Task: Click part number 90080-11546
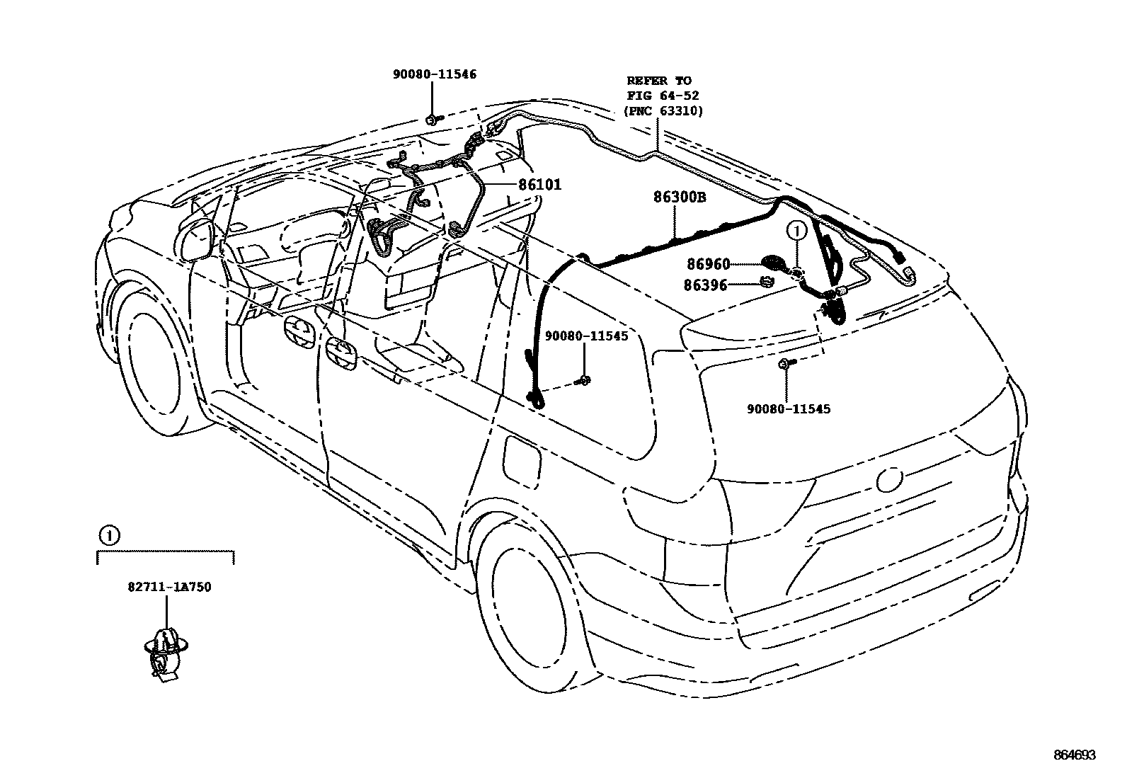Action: point(435,74)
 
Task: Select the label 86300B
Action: point(679,198)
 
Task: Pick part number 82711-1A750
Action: point(169,587)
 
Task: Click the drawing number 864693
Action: point(1073,755)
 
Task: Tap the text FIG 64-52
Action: point(658,96)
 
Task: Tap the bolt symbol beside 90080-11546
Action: point(433,118)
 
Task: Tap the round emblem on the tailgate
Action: point(888,481)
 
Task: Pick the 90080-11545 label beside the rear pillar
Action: point(586,336)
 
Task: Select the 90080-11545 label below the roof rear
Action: point(788,409)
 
